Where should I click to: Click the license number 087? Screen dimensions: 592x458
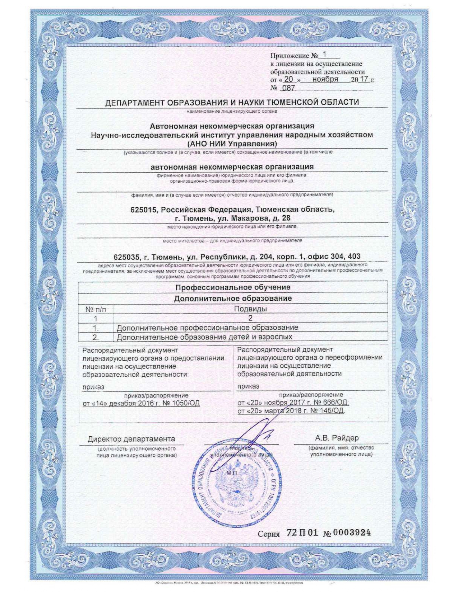[289, 88]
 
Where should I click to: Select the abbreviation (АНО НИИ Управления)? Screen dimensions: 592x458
[232, 144]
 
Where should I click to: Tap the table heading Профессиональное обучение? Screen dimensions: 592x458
[233, 287]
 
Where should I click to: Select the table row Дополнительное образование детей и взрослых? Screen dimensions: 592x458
[204, 337]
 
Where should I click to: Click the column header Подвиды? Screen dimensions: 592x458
[250, 309]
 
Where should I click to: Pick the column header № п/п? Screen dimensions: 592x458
[96, 309]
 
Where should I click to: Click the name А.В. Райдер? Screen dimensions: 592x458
[337, 438]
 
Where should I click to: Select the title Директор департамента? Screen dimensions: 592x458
[131, 439]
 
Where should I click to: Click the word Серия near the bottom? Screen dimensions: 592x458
[269, 534]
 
